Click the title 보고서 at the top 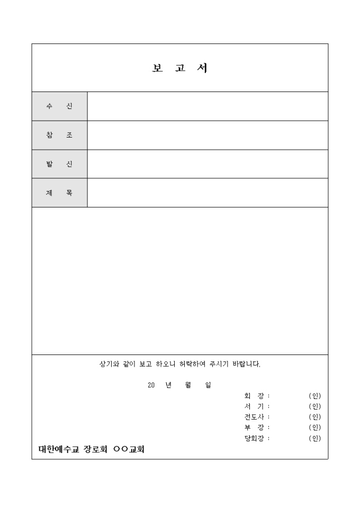(179, 68)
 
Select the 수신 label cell (59, 106)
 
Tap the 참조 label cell (59, 135)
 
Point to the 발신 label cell (59, 164)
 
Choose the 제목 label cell (59, 193)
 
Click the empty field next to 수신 (208, 106)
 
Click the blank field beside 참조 (208, 135)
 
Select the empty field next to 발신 (208, 164)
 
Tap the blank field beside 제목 (208, 193)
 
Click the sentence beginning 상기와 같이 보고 (180, 364)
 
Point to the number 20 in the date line (151, 385)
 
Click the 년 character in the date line (168, 385)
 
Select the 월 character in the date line (188, 385)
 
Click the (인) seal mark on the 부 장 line (315, 428)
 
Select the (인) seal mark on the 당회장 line (315, 438)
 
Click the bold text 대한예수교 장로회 (73, 449)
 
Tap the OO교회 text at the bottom (129, 449)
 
